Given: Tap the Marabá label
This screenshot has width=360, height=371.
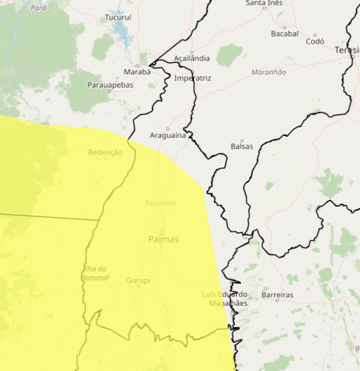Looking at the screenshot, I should click(x=138, y=71).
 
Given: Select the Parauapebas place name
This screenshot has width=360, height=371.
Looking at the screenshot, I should click(x=110, y=85).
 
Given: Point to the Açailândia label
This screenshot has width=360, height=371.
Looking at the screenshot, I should click(x=192, y=58).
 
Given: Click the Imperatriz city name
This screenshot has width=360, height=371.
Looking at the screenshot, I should click(x=192, y=78).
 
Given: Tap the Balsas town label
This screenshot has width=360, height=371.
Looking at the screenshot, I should click(x=242, y=146).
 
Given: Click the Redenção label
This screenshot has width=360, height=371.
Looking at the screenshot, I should click(x=105, y=152).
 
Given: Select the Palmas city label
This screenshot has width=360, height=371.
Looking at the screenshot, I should click(x=163, y=239).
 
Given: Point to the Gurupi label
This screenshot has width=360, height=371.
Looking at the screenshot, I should click(x=138, y=280).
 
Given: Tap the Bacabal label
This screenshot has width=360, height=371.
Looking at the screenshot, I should click(x=284, y=33).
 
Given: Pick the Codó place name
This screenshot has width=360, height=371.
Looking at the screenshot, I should click(x=314, y=41).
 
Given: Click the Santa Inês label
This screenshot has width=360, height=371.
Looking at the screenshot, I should click(x=264, y=3).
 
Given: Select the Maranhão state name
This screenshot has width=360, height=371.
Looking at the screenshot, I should click(x=269, y=72).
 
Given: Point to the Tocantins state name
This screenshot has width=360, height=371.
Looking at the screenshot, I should click(x=160, y=203).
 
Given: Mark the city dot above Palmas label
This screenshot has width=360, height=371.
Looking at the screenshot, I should click(x=162, y=231).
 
